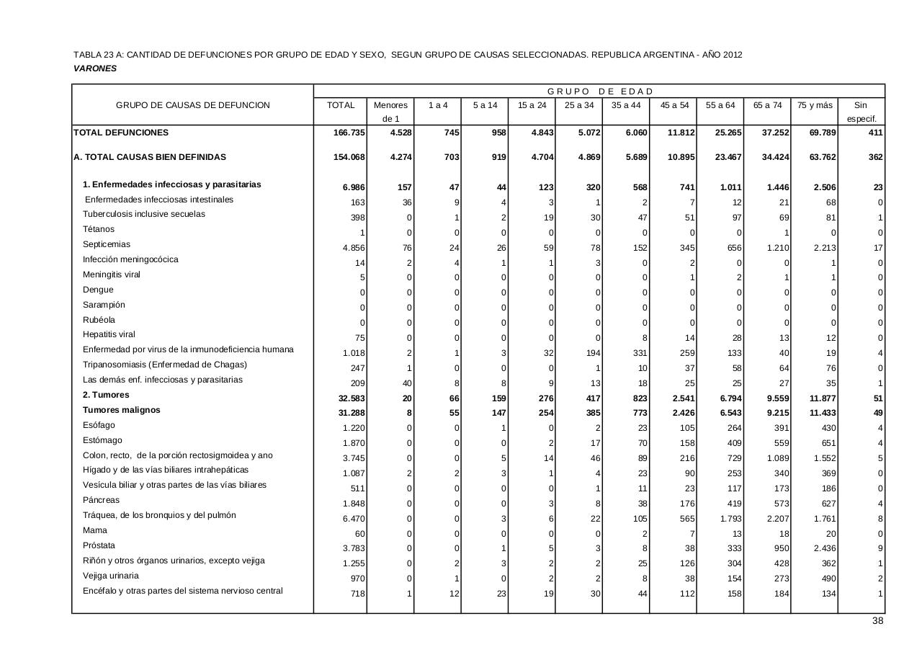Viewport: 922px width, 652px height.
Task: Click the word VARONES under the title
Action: (x=95, y=68)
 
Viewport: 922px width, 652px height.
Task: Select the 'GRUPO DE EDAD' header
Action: (x=599, y=91)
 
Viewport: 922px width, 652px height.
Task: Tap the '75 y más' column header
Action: (x=814, y=105)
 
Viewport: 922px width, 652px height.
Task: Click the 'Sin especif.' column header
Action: (x=861, y=112)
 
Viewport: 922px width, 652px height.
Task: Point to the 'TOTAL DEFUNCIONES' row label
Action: (x=121, y=133)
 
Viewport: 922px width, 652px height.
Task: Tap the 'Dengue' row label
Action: (x=98, y=290)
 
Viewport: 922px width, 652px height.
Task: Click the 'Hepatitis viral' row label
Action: (x=109, y=334)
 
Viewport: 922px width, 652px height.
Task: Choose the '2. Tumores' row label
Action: (x=106, y=395)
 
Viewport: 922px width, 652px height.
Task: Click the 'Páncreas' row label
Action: (x=101, y=500)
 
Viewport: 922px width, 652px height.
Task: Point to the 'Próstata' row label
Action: (x=99, y=545)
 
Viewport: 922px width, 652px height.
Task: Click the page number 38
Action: (x=877, y=621)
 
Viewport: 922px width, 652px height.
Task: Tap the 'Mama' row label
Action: (x=94, y=530)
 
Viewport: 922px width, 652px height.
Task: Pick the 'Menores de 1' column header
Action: (x=390, y=112)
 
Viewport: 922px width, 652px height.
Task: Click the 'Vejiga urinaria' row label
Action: (x=111, y=576)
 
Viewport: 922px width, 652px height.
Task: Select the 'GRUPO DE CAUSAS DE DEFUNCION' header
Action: (x=193, y=105)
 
